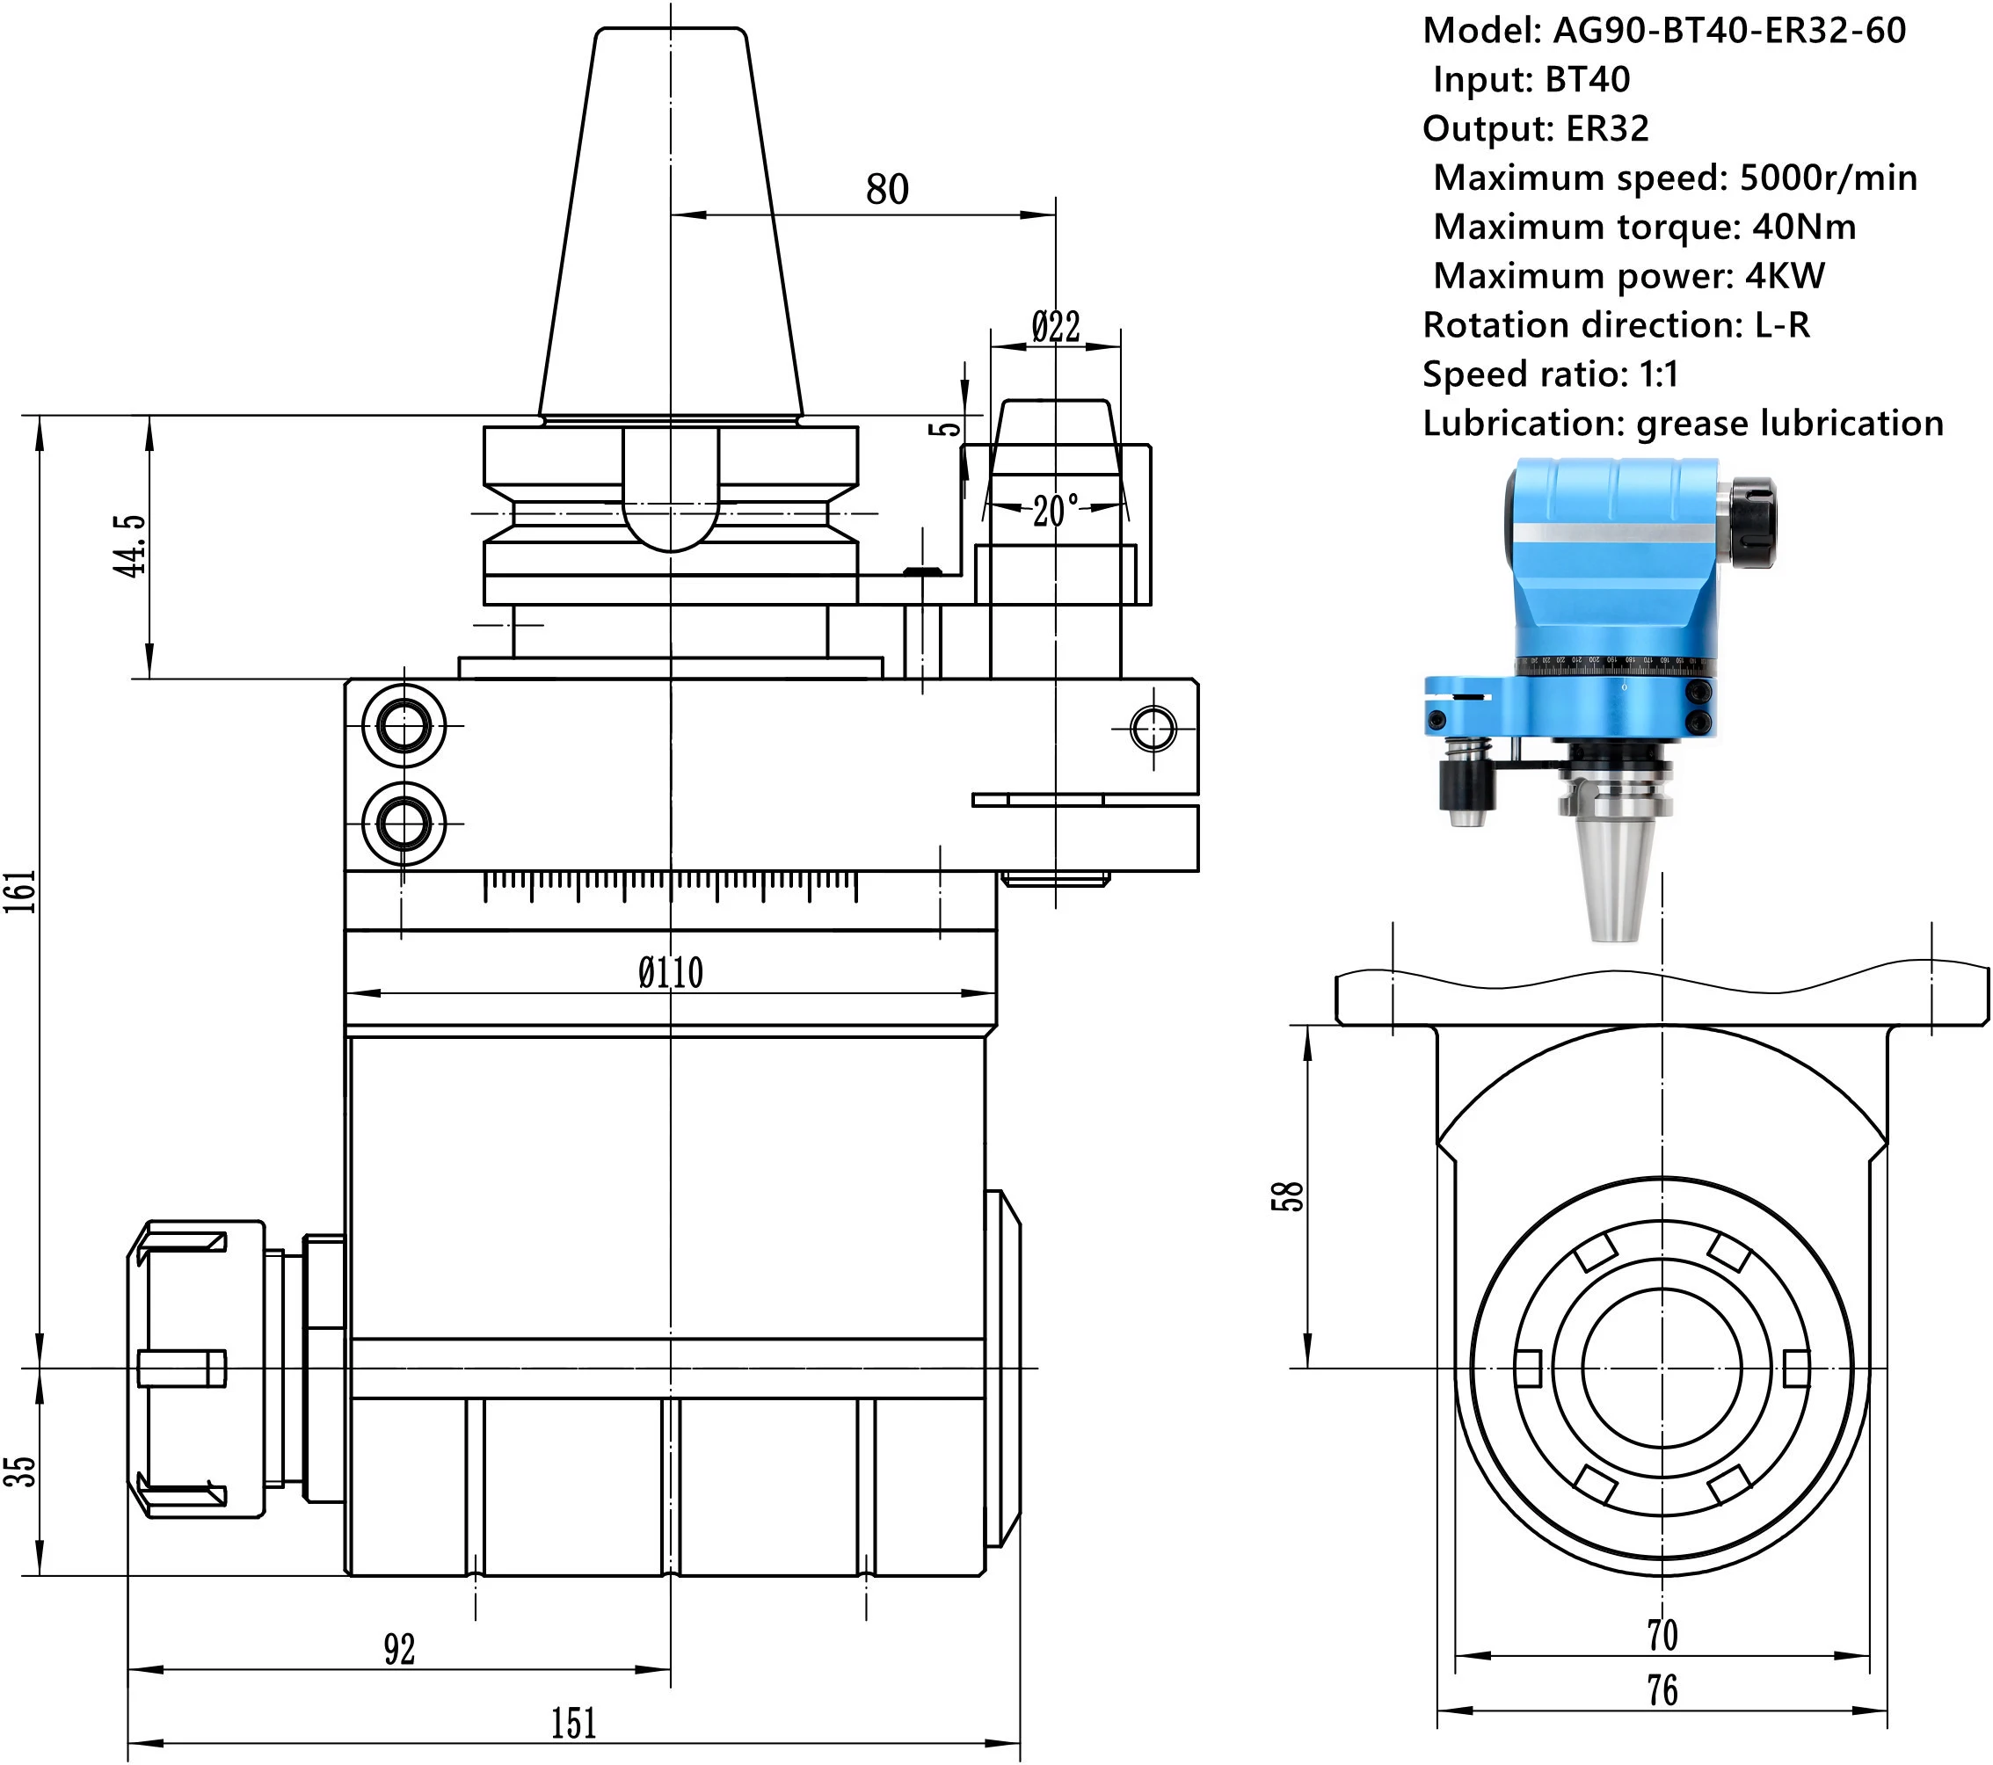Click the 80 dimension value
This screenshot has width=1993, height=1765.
click(886, 189)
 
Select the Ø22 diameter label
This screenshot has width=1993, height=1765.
click(1055, 327)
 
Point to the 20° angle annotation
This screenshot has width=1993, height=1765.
click(1056, 510)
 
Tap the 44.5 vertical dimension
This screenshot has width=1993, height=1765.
click(130, 546)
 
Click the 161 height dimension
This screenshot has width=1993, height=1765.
click(19, 890)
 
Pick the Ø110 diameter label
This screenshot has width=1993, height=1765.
click(671, 972)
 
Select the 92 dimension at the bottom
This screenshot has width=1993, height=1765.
click(399, 1649)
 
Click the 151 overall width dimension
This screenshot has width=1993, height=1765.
click(573, 1723)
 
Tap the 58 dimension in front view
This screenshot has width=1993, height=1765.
click(1287, 1195)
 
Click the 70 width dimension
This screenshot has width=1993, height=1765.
click(1662, 1635)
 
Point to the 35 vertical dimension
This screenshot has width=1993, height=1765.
click(19, 1471)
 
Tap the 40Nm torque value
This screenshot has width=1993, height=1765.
click(1804, 226)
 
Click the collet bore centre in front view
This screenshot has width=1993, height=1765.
click(1662, 1368)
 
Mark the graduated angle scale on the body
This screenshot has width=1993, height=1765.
click(671, 885)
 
